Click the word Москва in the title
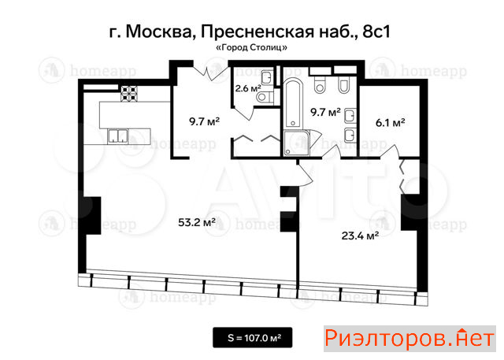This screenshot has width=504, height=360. pos(158,32)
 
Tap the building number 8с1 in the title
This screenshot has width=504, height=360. pos(376,32)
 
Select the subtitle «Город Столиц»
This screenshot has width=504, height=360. pos(252,48)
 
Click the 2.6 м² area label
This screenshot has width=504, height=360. pos(247,88)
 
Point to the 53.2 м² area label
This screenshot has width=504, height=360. pos(196,222)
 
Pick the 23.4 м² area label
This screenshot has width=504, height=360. pos(360,236)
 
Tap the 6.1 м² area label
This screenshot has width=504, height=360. pos(390,123)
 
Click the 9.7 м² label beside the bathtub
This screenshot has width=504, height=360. pos(325,112)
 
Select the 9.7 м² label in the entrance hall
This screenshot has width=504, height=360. pos(204,121)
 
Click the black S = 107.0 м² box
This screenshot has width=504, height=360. pos(253,337)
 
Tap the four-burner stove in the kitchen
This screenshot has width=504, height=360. pos(129,94)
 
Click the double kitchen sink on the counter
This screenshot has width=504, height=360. pos(117,136)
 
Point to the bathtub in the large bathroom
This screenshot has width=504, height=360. pos(293,103)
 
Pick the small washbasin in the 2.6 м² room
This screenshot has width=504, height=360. pos(267,77)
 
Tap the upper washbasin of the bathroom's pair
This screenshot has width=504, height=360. pos(350,116)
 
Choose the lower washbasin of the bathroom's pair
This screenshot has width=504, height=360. pos(350,135)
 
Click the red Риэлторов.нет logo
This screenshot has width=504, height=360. pos(409,339)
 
